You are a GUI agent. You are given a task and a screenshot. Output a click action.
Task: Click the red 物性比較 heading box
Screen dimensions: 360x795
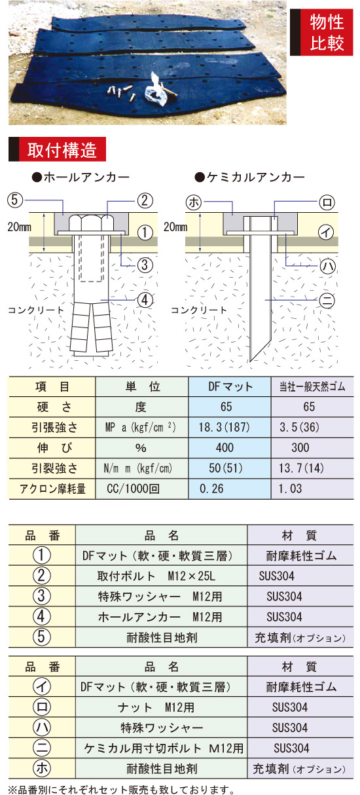[x=321, y=32]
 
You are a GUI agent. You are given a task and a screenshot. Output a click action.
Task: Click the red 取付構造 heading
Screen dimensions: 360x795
[x=58, y=149]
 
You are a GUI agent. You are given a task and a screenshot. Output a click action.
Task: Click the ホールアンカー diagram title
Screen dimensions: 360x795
[x=81, y=177]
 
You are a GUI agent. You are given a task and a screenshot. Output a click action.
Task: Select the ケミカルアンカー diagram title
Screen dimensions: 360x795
[x=249, y=177]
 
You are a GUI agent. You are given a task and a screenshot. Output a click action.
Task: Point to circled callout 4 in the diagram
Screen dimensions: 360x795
[x=145, y=300]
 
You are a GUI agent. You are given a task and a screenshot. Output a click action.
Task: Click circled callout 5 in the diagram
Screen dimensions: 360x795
[x=15, y=200]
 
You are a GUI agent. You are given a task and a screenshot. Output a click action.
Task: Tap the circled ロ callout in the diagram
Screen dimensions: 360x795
[x=327, y=202]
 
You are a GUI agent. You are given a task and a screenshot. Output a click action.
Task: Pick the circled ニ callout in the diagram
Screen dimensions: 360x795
[x=327, y=301]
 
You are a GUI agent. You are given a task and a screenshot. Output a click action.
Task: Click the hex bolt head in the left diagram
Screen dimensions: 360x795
[x=91, y=223]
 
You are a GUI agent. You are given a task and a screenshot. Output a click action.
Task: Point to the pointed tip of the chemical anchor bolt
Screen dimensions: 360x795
[x=251, y=361]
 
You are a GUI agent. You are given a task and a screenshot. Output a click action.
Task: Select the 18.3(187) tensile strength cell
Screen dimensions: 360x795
[x=225, y=427]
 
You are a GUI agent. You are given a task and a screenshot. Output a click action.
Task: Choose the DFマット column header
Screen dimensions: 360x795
[x=230, y=386]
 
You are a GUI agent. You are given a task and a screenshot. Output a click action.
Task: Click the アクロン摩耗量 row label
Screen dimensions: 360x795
[x=52, y=489]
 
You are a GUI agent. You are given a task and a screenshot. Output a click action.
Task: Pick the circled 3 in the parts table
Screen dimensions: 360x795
[x=41, y=596]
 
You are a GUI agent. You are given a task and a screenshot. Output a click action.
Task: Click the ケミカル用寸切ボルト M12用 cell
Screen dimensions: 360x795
[x=164, y=749]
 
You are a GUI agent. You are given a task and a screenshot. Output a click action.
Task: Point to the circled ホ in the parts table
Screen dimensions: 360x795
[x=41, y=768]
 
